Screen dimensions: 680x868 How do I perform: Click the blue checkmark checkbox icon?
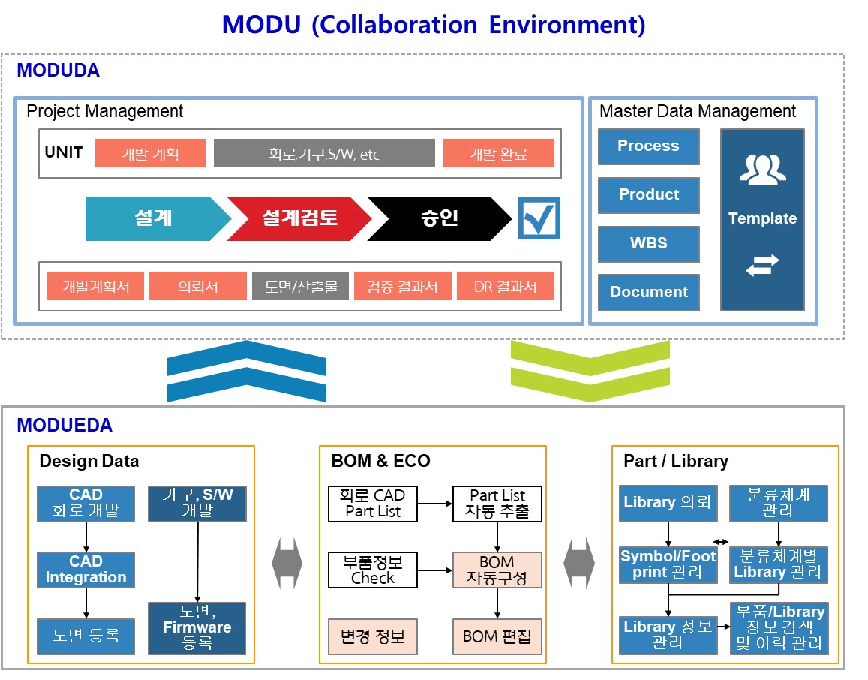tap(539, 218)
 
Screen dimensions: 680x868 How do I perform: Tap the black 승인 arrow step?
tap(439, 218)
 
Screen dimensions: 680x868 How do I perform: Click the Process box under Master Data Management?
tap(648, 146)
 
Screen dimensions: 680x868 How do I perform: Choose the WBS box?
tap(648, 243)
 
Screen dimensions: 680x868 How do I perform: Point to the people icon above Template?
tap(762, 170)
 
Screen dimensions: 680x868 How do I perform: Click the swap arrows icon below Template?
tap(762, 265)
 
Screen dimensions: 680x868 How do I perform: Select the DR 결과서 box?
tap(505, 286)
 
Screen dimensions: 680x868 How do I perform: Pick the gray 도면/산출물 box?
tap(300, 286)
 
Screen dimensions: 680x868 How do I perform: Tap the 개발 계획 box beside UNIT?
tap(150, 153)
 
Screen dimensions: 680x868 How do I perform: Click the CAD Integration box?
tap(86, 570)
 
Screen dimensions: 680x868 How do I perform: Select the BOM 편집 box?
tap(497, 637)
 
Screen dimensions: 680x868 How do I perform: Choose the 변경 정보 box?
tap(373, 637)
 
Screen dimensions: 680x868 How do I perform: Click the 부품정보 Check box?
tap(373, 570)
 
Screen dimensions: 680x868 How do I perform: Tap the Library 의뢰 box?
tap(667, 503)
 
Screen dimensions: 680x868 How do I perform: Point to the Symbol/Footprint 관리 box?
tap(668, 564)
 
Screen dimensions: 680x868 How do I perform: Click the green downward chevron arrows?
tap(590, 371)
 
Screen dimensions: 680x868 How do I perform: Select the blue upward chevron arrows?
tap(246, 371)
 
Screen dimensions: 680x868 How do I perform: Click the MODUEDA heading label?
tap(65, 426)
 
